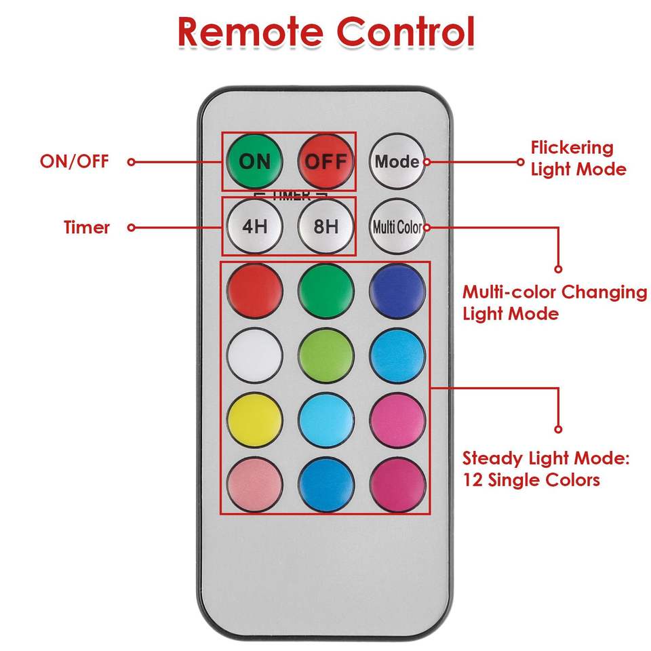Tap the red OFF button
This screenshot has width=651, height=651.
[x=326, y=161]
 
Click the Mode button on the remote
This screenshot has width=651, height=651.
[x=397, y=161]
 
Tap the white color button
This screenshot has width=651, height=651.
[x=255, y=357]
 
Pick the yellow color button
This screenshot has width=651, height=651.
[x=255, y=420]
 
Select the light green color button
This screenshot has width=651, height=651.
[x=326, y=357]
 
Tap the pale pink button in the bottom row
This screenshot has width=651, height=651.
[x=255, y=484]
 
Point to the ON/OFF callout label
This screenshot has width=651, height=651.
[x=74, y=162]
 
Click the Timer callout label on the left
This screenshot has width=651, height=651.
[x=87, y=227]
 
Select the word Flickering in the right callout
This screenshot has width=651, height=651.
[x=572, y=148]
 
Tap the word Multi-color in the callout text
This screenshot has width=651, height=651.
[x=509, y=292]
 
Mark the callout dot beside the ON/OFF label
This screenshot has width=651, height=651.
[x=132, y=162]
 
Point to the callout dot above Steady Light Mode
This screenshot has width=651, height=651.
[x=558, y=429]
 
